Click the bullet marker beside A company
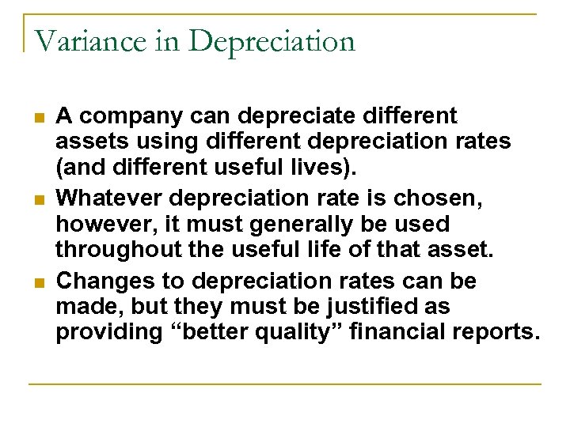tap(37, 119)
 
